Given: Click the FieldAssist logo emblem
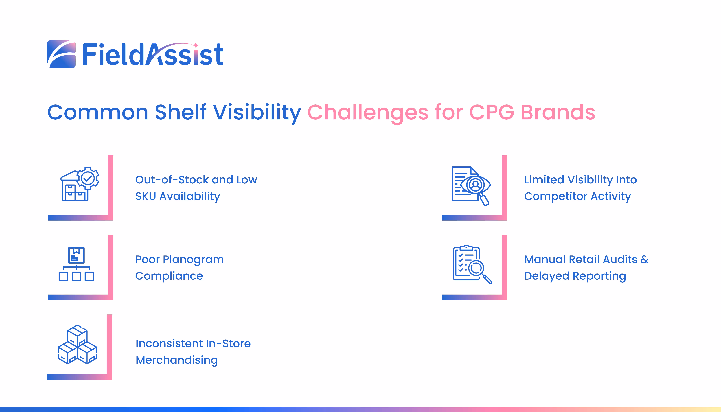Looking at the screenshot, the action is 61,54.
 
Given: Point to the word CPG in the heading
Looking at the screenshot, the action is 492,112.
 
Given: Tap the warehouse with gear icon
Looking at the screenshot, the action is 80,184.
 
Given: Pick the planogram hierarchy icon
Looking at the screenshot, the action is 76,264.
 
